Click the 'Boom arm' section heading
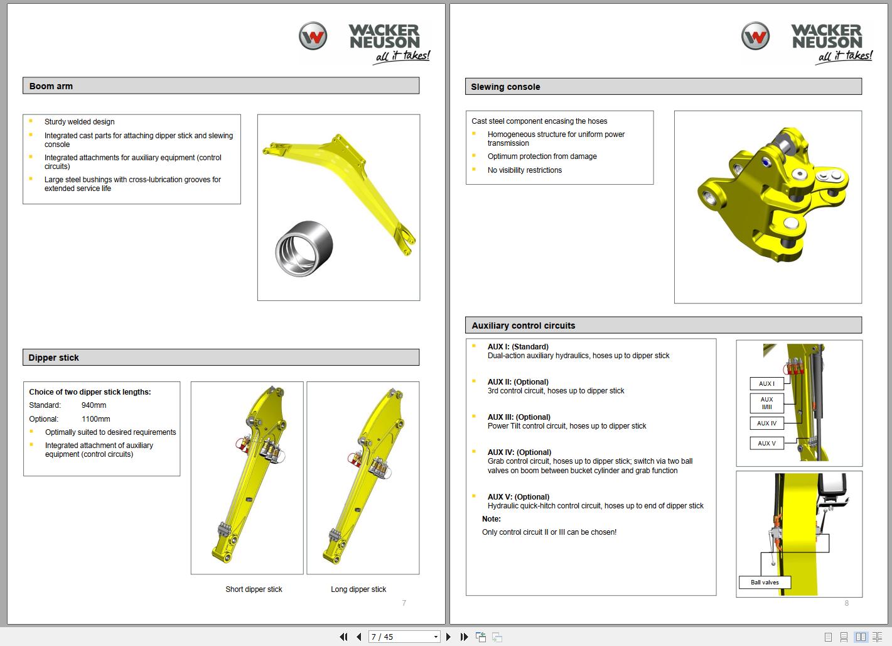coord(51,86)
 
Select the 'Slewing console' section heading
coord(505,87)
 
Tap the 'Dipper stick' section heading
coord(53,358)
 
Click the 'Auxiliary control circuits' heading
coord(523,326)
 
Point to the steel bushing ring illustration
coord(304,248)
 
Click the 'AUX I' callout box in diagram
coord(766,383)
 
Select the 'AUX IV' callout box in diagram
coord(766,424)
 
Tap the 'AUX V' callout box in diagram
coord(766,443)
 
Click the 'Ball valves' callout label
coord(765,583)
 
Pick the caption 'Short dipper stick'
coord(254,589)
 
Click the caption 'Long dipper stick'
coord(358,589)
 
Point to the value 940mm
coord(94,405)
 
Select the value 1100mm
coord(95,419)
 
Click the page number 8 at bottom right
coord(846,603)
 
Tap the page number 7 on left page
coord(404,603)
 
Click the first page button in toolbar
coord(343,637)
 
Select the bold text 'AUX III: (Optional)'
coord(519,417)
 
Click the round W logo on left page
coord(313,36)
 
